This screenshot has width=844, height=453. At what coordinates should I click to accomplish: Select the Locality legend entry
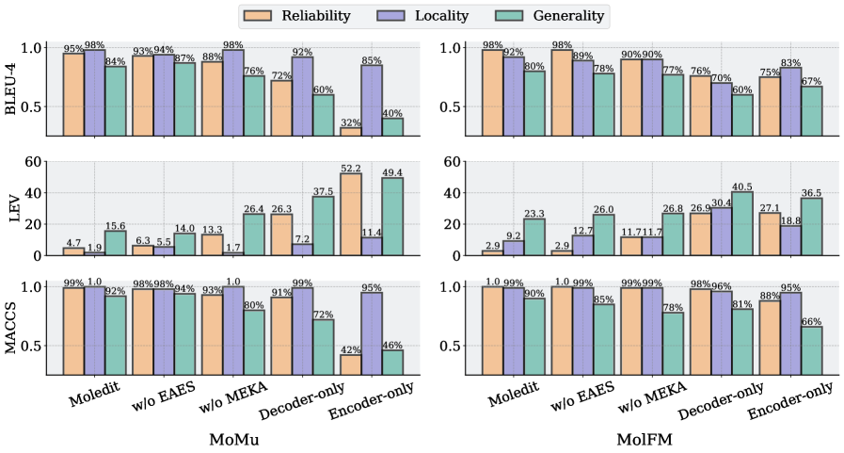click(x=437, y=16)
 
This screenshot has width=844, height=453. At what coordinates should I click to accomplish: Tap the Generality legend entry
click(x=552, y=16)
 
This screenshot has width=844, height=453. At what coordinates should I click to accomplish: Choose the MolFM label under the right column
click(x=645, y=440)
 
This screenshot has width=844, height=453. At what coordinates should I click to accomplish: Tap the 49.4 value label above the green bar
click(x=392, y=172)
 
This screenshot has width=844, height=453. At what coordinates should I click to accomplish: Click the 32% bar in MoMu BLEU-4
click(x=350, y=132)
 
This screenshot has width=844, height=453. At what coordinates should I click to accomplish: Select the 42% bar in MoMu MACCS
click(x=350, y=364)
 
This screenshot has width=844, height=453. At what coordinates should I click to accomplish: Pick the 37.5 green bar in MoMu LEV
click(x=323, y=226)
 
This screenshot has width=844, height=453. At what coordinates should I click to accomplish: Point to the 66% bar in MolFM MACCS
click(x=809, y=350)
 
